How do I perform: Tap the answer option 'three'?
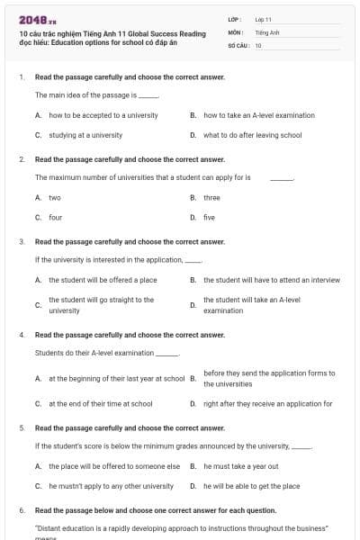[211, 197]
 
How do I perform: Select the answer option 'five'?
[209, 217]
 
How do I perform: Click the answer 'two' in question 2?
[55, 197]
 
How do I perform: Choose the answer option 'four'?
[55, 217]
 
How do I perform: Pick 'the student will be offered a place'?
[103, 280]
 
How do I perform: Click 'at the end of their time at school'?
[100, 404]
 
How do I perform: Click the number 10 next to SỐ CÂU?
[258, 45]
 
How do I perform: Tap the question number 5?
[22, 427]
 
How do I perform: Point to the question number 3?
[22, 241]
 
